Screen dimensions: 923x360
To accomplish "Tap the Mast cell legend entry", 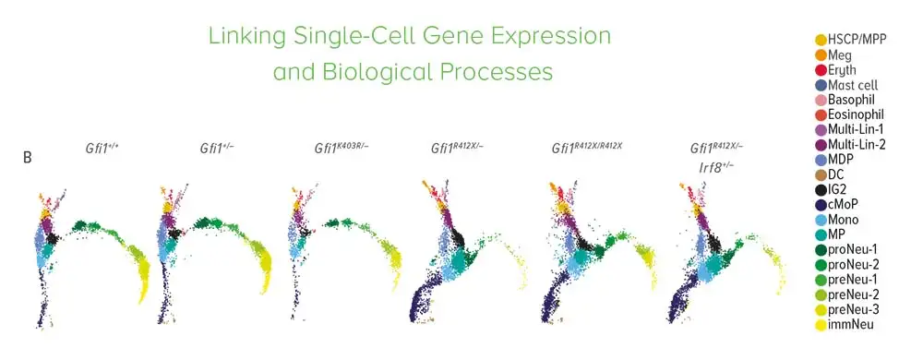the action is coord(846,85).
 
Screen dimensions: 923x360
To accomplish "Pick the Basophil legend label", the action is coord(852,100).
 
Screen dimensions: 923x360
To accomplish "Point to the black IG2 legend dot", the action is coord(821,190).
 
